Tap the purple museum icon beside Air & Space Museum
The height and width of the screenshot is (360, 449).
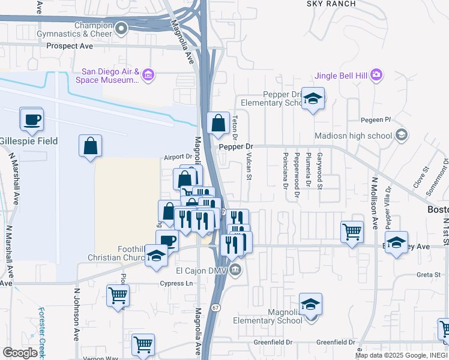(148, 76)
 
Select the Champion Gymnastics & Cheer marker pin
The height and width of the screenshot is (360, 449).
(122, 28)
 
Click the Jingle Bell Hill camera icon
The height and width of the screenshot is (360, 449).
(376, 75)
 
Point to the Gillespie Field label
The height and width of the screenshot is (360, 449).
(29, 141)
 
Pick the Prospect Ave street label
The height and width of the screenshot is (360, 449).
(70, 46)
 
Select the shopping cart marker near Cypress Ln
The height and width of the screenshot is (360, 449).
(118, 295)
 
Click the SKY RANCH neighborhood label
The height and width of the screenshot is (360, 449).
(331, 4)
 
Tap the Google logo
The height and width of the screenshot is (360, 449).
(20, 352)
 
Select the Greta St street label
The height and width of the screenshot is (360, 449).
(429, 276)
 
